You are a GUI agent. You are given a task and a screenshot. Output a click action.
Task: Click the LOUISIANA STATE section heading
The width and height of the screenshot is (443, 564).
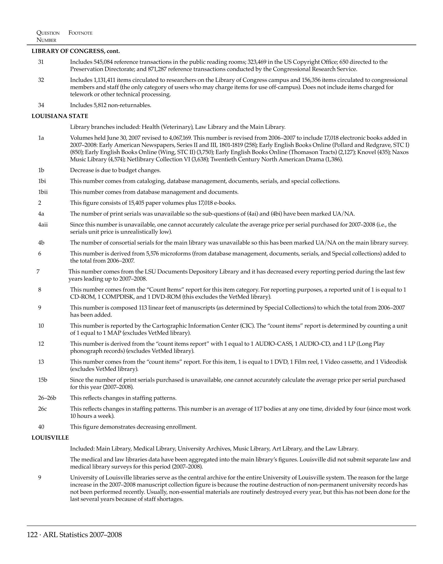(60, 116)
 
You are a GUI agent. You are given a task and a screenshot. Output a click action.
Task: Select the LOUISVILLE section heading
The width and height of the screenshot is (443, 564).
(50, 438)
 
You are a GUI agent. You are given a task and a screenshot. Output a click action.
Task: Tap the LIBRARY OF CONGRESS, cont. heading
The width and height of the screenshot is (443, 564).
(76, 51)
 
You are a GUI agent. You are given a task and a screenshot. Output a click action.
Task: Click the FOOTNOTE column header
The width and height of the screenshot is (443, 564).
(80, 33)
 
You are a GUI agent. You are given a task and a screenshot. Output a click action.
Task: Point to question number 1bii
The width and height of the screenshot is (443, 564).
(43, 192)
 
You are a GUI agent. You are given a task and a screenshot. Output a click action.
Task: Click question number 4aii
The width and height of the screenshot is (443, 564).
(43, 225)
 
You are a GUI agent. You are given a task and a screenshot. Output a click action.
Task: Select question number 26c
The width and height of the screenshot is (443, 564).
(42, 409)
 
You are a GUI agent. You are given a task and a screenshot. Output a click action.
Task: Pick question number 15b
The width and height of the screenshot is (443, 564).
(43, 380)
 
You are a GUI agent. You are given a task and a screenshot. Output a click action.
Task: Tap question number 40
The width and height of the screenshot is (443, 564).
(41, 427)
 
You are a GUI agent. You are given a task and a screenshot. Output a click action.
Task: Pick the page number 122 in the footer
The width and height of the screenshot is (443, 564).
(32, 535)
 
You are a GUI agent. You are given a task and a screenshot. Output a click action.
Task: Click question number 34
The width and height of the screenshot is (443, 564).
(41, 105)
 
